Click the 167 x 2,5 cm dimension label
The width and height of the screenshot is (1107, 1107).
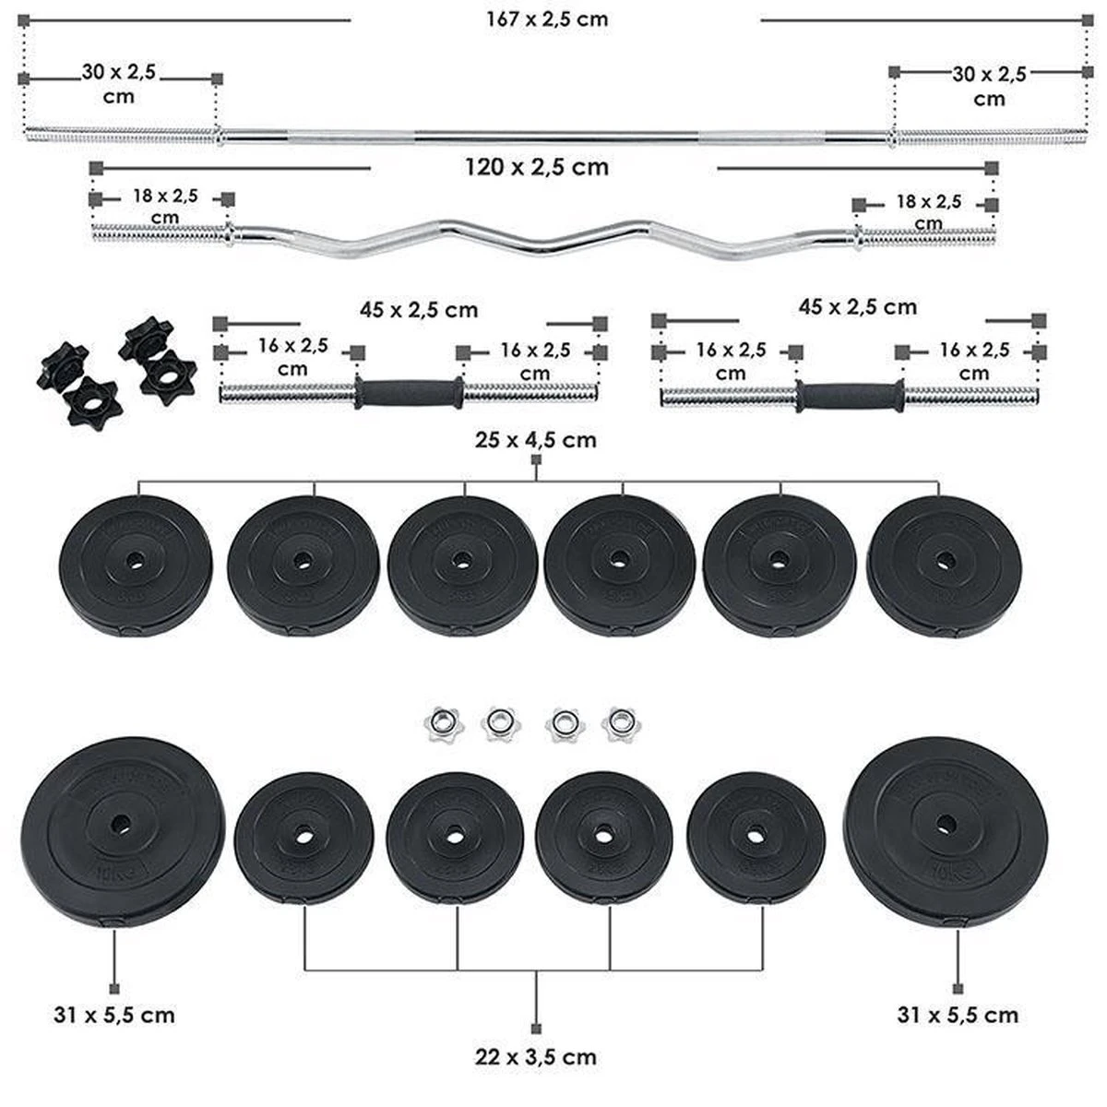click(547, 19)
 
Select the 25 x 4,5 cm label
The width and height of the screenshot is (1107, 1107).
click(536, 440)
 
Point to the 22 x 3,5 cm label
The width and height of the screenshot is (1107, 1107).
click(536, 1057)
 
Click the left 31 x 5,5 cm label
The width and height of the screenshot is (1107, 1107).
click(113, 1016)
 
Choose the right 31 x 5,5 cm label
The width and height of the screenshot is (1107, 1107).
click(958, 1016)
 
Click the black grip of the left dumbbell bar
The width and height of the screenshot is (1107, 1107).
click(408, 394)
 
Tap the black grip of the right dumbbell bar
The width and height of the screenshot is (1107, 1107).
click(850, 397)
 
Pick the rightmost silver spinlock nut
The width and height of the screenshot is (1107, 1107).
click(620, 724)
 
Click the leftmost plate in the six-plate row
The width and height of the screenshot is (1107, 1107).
click(136, 563)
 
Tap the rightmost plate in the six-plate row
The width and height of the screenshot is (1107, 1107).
click(945, 562)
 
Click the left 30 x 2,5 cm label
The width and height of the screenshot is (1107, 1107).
click(118, 84)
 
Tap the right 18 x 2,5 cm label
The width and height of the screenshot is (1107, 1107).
click(928, 211)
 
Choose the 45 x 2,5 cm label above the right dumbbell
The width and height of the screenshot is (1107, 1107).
click(858, 307)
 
